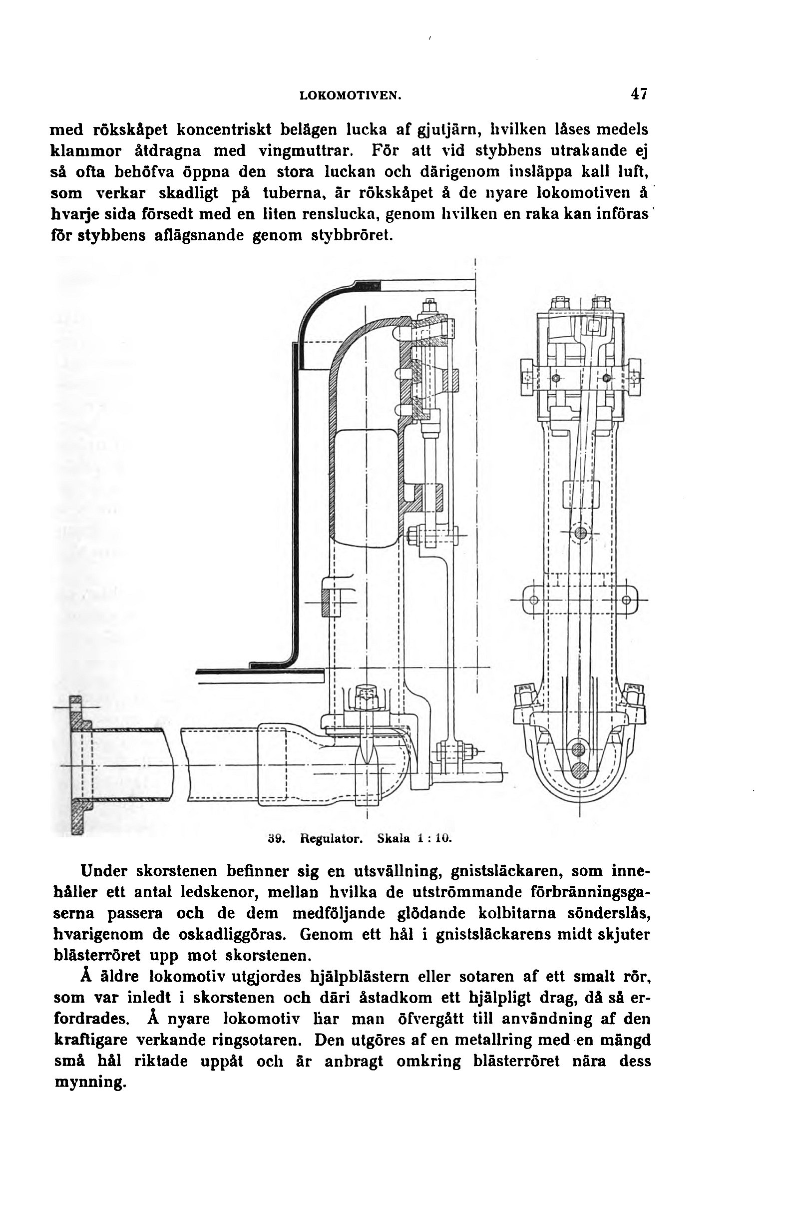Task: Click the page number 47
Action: click(639, 94)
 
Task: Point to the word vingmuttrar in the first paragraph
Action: click(306, 151)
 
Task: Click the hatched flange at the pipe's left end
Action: click(78, 770)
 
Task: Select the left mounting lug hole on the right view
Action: click(533, 600)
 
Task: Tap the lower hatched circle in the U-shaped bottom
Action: click(579, 770)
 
